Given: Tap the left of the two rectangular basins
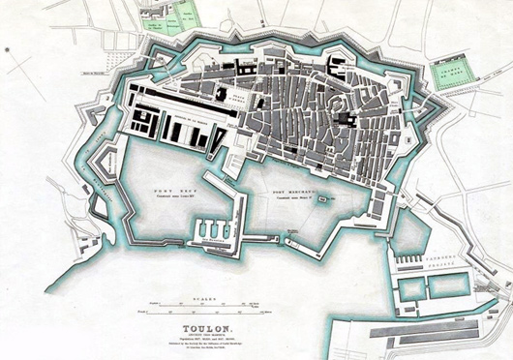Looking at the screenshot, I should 410,287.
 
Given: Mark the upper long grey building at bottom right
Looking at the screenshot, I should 426,329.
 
